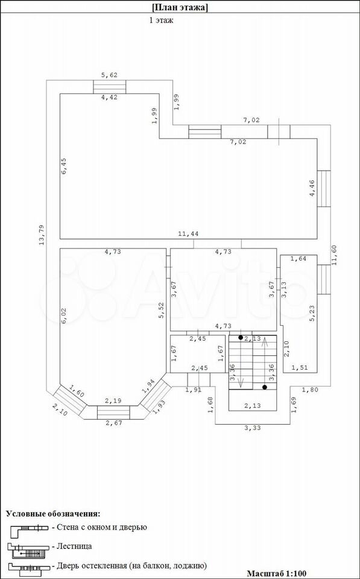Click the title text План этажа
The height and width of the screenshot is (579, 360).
pyautogui.click(x=180, y=7)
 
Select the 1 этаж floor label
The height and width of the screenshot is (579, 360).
pyautogui.click(x=161, y=21)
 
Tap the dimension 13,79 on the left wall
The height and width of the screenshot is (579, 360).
pyautogui.click(x=42, y=235)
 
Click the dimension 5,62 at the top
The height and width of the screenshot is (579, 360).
pyautogui.click(x=109, y=75)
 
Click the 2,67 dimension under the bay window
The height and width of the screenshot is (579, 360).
pyautogui.click(x=114, y=423)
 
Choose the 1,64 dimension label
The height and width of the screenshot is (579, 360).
pyautogui.click(x=298, y=259)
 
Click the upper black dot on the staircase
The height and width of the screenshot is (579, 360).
pyautogui.click(x=241, y=338)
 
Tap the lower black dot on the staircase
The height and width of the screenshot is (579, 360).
pyautogui.click(x=265, y=387)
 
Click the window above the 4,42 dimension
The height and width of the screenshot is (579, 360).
pyautogui.click(x=109, y=87)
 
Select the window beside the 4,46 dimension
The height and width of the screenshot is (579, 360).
pyautogui.click(x=324, y=189)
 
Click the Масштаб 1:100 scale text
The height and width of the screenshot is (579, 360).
pyautogui.click(x=277, y=574)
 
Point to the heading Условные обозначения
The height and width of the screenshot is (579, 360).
pyautogui.click(x=53, y=514)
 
